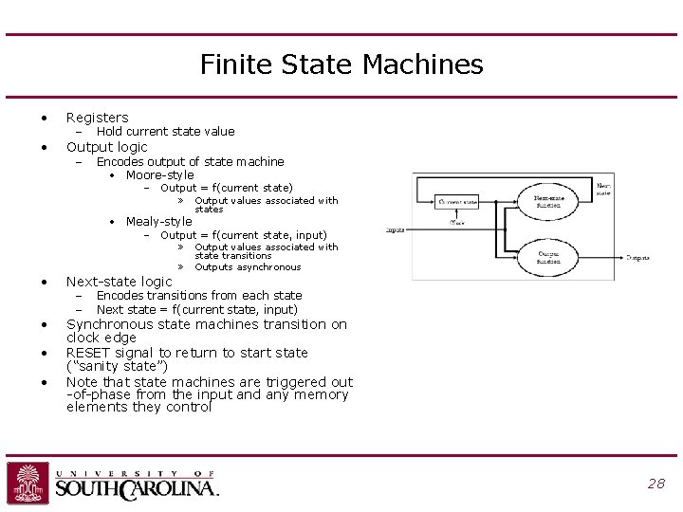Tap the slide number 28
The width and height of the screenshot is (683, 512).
click(x=655, y=484)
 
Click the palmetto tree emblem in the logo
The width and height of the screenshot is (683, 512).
click(x=28, y=483)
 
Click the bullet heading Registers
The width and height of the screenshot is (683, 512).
click(x=97, y=118)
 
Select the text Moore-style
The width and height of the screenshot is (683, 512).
click(x=159, y=174)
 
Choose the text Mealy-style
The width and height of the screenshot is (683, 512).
click(x=158, y=221)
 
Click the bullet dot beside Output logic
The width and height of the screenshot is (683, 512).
click(x=44, y=147)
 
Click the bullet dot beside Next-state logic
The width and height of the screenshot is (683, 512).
click(x=44, y=282)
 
